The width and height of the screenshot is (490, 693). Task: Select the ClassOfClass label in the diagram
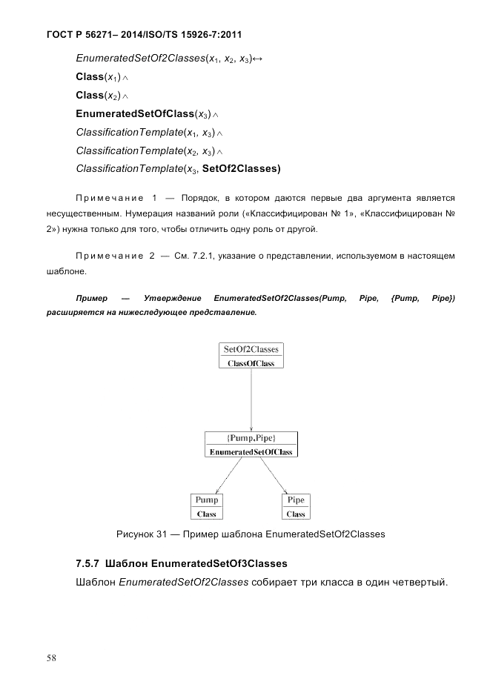click(251, 363)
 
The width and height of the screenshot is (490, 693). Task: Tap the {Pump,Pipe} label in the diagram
click(251, 438)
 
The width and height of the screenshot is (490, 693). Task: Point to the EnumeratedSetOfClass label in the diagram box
click(251, 451)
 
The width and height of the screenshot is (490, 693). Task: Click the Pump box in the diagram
click(207, 506)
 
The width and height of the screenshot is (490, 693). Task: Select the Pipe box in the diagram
click(296, 506)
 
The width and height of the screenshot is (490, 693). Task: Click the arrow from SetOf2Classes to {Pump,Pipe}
click(251, 400)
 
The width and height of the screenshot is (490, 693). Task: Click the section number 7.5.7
click(90, 563)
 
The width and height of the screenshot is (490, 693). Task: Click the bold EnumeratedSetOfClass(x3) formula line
click(143, 113)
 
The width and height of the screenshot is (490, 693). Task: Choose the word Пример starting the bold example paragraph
click(91, 298)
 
